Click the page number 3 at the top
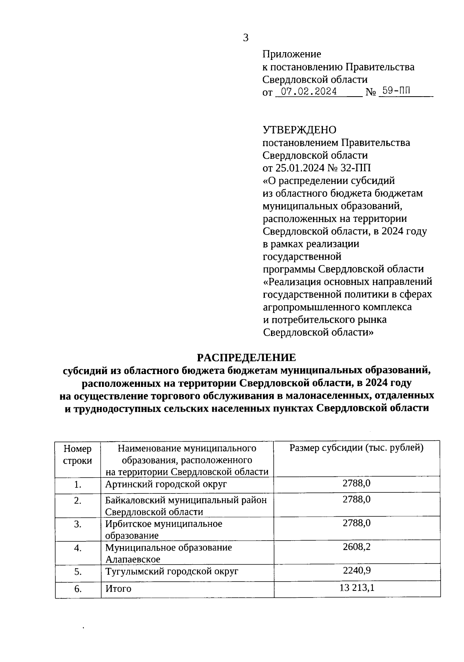(246, 38)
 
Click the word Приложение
(292, 54)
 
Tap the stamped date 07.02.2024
(309, 92)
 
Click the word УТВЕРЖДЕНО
(299, 130)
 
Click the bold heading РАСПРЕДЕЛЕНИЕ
(246, 357)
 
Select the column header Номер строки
(78, 454)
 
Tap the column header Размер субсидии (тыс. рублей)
(357, 448)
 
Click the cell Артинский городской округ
(166, 484)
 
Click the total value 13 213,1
(357, 588)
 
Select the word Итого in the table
(118, 589)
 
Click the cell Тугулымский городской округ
(172, 571)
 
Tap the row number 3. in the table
(78, 524)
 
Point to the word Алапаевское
(133, 559)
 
